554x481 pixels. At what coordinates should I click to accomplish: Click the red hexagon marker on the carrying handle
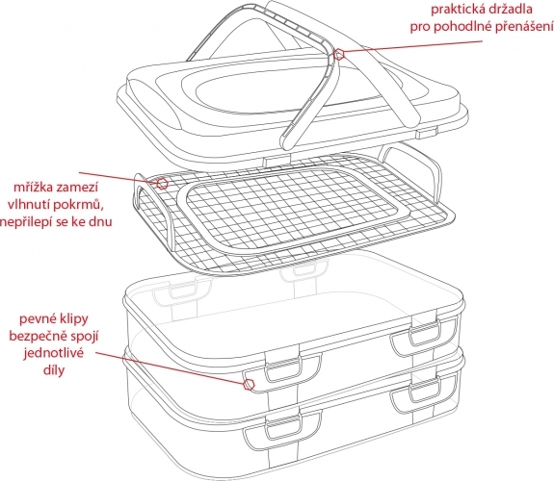(339, 54)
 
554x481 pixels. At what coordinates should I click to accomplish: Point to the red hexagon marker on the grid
(162, 184)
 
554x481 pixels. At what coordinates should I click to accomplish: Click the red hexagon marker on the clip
(250, 385)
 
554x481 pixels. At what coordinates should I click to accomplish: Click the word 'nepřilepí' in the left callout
(27, 222)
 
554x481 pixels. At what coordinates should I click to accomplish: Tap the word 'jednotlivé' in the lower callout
(54, 353)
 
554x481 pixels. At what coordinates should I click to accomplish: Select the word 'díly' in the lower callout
(54, 370)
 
